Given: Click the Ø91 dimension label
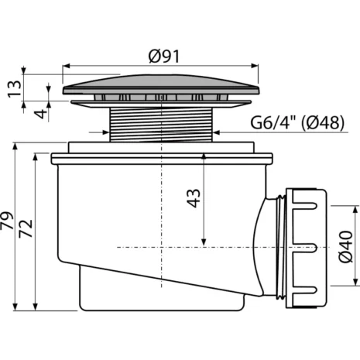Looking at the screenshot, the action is pyautogui.click(x=164, y=57).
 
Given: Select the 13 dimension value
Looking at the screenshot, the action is pyautogui.click(x=15, y=88).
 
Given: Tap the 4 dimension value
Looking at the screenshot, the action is pyautogui.click(x=41, y=114).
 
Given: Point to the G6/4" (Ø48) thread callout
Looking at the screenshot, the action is pyautogui.click(x=297, y=122).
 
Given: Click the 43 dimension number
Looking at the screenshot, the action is pyautogui.click(x=194, y=198).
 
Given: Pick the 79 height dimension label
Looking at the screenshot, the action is pyautogui.click(x=7, y=221).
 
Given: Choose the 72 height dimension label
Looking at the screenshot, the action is pyautogui.click(x=26, y=228).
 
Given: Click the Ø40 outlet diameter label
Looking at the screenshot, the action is pyautogui.click(x=345, y=247).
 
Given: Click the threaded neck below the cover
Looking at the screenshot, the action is pyautogui.click(x=161, y=125).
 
